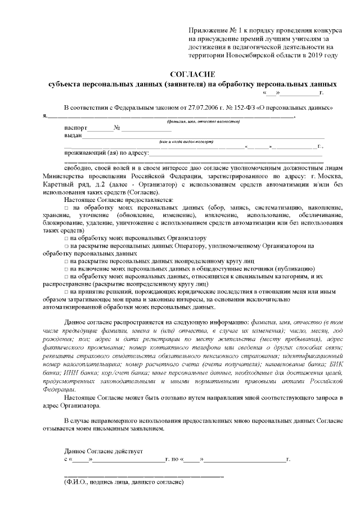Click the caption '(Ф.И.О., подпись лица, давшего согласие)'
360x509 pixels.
pyautogui.click(x=124, y=483)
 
